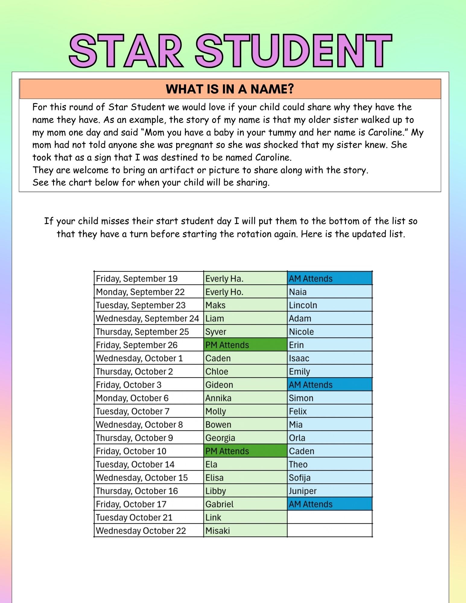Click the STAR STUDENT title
(x=231, y=51)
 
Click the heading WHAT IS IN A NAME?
(x=230, y=89)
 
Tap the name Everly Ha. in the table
(x=224, y=279)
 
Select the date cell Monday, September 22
(x=140, y=292)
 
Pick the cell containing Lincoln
(x=303, y=305)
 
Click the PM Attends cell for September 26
(x=227, y=345)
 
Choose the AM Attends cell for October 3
(x=311, y=385)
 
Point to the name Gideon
(x=219, y=385)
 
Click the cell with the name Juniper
(x=303, y=491)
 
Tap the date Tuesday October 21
(x=134, y=517)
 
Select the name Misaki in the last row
(x=217, y=531)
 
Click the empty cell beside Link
(x=330, y=517)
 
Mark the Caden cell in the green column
(x=218, y=358)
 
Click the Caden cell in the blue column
(x=302, y=451)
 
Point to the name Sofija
(x=300, y=478)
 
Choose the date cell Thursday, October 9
(x=135, y=438)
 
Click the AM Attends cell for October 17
(x=311, y=504)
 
